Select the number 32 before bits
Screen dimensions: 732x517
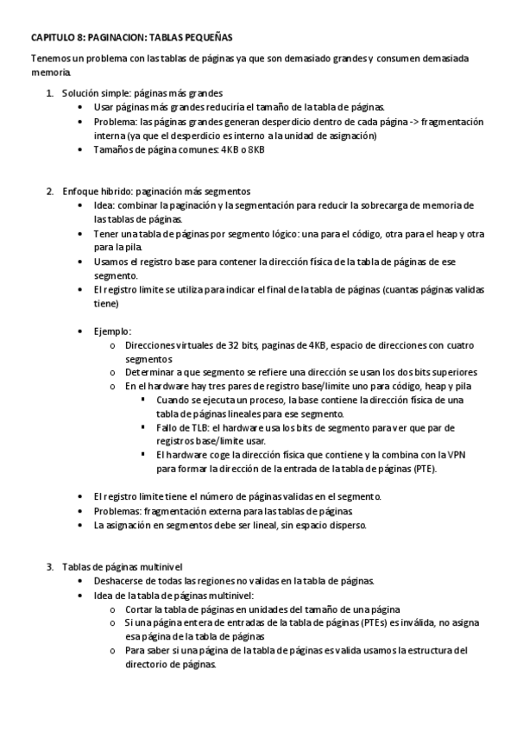coord(211,345)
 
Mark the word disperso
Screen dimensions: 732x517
coord(347,524)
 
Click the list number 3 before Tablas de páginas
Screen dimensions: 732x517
coord(48,567)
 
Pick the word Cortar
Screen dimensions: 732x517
coord(141,609)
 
